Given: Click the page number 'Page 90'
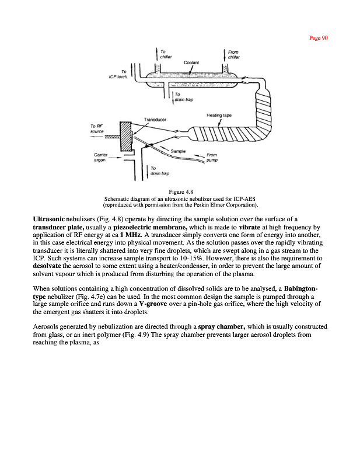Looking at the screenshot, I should click(x=318, y=38).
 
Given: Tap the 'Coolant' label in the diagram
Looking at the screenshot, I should click(x=191, y=62).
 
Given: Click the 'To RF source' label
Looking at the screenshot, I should click(x=97, y=128).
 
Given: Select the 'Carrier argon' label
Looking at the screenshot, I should click(x=101, y=157).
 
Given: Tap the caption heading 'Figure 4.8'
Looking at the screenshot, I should click(x=180, y=191).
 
